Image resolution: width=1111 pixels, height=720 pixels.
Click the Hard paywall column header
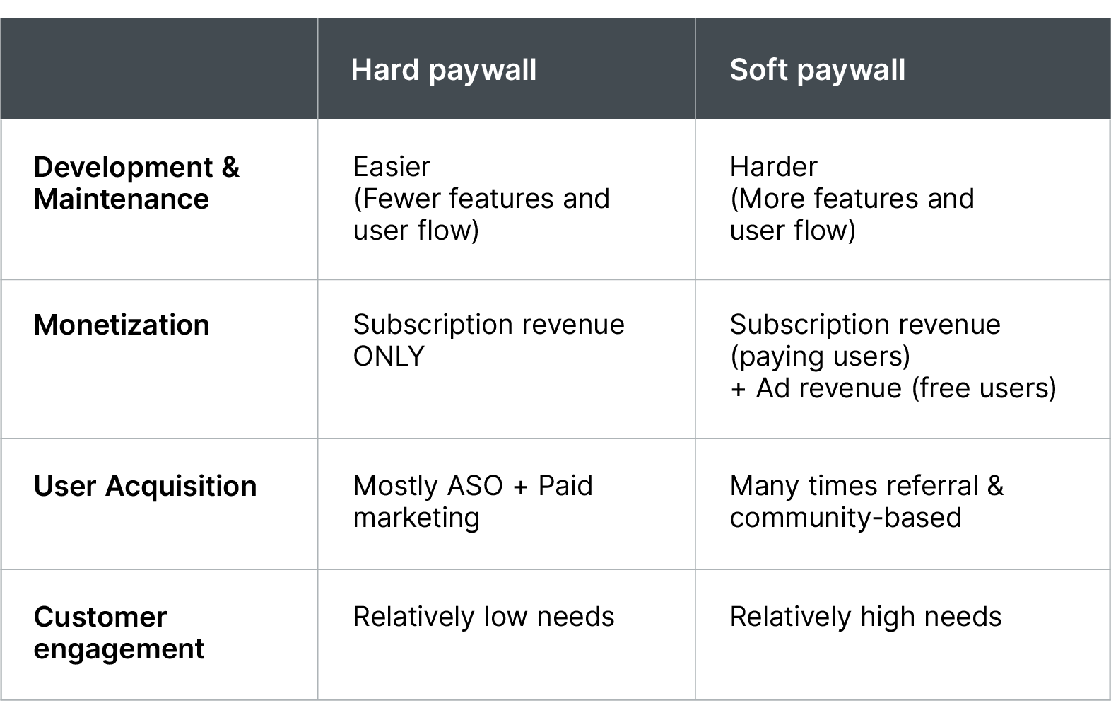443,70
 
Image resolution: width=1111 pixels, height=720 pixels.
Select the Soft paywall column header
817,70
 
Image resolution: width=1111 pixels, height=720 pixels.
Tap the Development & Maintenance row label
136,183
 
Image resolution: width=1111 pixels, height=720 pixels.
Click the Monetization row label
122,325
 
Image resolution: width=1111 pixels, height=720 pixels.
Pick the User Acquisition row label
145,487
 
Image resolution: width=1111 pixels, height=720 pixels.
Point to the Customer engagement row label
119,633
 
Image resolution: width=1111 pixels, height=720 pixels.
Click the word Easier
392,167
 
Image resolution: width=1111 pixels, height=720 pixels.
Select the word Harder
773,167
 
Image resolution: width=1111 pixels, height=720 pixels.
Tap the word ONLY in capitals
389,356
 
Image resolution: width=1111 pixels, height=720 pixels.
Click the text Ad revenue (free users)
905,388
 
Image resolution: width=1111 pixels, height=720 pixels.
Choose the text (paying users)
820,356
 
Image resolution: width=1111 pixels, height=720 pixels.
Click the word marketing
416,518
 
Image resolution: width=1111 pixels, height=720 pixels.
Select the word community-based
845,518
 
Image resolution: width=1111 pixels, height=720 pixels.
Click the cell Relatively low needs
483,617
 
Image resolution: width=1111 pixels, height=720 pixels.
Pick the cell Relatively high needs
865,617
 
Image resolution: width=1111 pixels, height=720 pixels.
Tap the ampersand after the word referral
995,486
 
